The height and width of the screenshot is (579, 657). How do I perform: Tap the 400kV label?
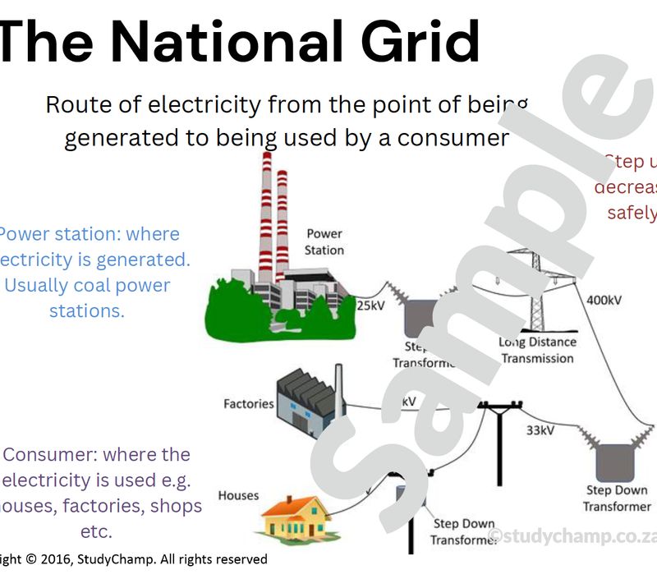604,300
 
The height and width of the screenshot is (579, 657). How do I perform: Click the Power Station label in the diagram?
324,241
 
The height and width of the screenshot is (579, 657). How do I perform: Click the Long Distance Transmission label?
537,350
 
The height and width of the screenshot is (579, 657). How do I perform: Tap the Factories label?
248,403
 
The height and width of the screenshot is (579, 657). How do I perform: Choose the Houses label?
238,495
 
